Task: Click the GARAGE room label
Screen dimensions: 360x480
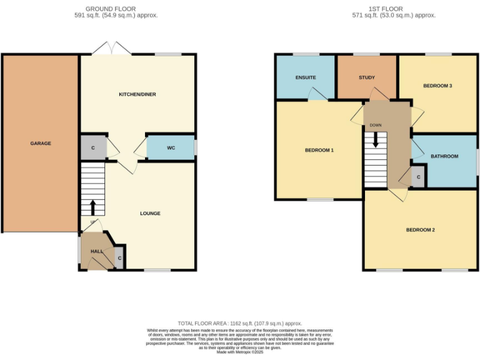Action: [41, 143]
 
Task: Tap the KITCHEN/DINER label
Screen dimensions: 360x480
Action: [137, 94]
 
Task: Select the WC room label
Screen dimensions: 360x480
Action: [171, 148]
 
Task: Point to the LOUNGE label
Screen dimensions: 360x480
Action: [150, 213]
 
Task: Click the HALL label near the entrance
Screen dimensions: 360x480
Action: [97, 251]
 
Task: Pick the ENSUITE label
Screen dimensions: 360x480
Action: [306, 77]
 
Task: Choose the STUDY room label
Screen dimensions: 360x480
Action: [366, 77]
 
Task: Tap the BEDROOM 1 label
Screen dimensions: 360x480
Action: [319, 150]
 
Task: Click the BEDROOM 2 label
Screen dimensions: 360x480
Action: [420, 229]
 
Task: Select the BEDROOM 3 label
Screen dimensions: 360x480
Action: [437, 86]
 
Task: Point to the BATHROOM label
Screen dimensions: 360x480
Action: [444, 156]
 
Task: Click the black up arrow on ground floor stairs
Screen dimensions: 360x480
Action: [93, 207]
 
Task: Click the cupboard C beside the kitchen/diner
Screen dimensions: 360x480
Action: [93, 148]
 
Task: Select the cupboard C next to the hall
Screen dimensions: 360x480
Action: [119, 257]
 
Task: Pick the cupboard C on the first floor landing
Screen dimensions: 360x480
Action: [419, 177]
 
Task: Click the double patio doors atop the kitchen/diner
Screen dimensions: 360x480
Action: [112, 49]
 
